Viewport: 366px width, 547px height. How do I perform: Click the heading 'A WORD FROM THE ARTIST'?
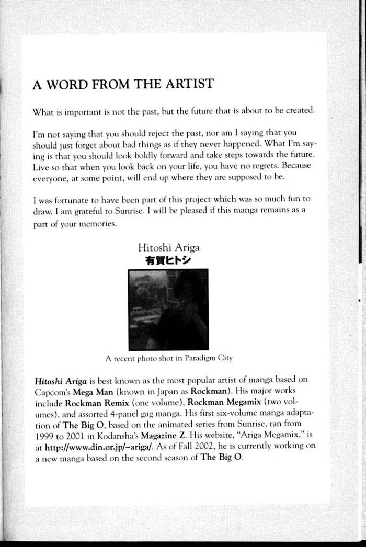tap(122, 85)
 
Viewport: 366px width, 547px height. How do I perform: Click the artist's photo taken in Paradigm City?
tap(168, 309)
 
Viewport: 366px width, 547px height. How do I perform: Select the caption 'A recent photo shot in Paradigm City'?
tap(168, 358)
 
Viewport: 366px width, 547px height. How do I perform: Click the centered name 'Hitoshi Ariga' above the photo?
tap(168, 247)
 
